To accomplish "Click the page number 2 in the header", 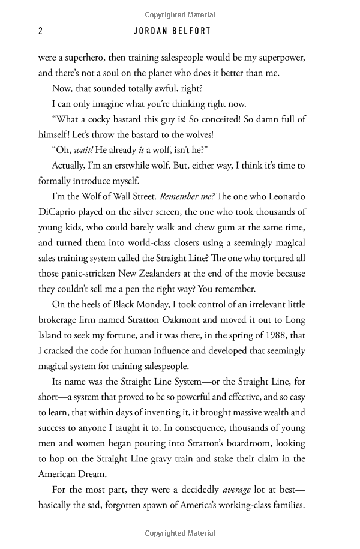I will (40, 32).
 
